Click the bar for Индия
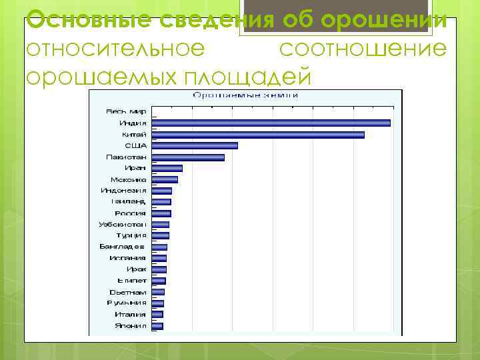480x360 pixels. point(271,123)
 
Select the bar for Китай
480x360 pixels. point(258,135)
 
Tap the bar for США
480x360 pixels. point(195,145)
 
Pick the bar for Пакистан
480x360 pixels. point(188,157)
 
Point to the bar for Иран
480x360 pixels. point(167,168)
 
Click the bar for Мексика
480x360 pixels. point(165,179)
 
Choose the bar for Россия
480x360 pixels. point(161,213)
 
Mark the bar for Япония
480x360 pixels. point(157,326)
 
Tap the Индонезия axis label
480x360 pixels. point(123,191)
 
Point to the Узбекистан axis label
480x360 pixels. point(123,224)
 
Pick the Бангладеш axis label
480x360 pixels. point(123,247)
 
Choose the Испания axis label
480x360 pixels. point(129,258)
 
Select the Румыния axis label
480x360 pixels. point(127,303)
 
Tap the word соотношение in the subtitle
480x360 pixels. point(362,49)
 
